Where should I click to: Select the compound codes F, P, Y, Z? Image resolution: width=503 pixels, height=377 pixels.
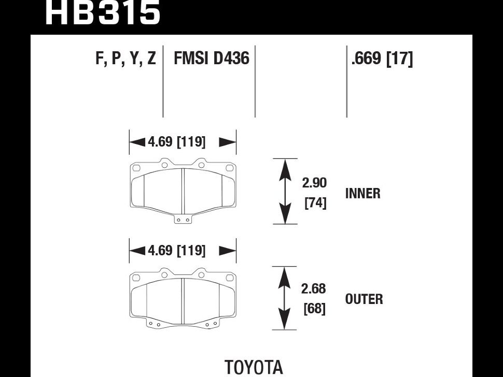[125, 59]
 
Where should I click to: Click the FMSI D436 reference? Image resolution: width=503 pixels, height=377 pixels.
[212, 59]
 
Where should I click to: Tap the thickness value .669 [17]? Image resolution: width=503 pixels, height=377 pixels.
[382, 59]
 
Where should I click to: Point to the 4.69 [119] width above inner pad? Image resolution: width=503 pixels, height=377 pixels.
[176, 142]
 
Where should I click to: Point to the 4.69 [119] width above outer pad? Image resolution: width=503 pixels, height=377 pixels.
[176, 251]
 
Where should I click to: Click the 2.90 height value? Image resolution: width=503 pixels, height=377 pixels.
[314, 183]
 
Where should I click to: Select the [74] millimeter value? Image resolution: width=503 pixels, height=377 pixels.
[315, 204]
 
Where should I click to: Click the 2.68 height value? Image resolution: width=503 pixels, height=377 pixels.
[314, 288]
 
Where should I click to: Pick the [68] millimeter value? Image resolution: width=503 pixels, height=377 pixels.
[314, 309]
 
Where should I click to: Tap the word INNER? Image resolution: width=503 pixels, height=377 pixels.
[362, 194]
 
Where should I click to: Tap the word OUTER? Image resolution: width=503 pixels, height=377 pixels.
[364, 299]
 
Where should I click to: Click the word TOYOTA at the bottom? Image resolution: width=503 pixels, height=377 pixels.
[254, 367]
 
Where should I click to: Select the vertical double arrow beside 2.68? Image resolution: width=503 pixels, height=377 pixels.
[283, 298]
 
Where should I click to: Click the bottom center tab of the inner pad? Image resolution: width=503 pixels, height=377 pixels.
[183, 220]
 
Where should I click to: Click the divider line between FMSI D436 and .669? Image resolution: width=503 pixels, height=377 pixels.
[255, 82]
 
